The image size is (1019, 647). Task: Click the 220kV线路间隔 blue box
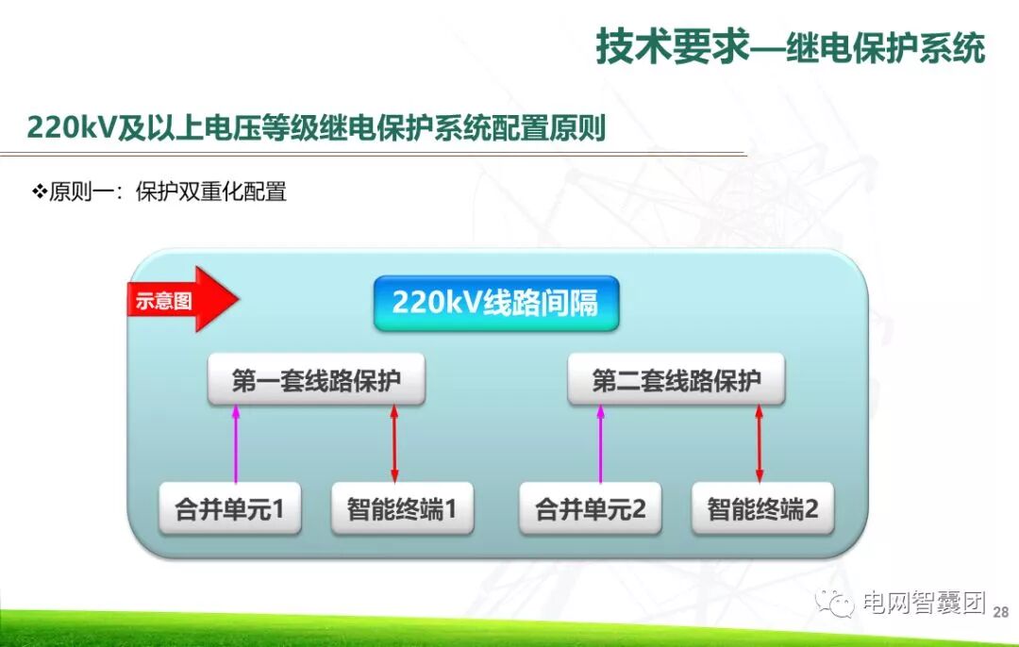point(495,303)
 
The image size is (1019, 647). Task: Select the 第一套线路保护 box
point(316,381)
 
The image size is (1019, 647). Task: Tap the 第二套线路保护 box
point(676,381)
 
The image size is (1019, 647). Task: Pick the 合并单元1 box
point(229,509)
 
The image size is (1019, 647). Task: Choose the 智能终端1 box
point(402,509)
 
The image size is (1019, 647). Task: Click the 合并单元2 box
point(590,509)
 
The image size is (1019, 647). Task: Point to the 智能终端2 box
point(762,509)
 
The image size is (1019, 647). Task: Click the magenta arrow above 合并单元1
point(236,444)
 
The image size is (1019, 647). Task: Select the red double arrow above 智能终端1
point(394,444)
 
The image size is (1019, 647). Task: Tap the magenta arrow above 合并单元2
point(599,444)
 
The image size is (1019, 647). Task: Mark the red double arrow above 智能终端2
point(759,444)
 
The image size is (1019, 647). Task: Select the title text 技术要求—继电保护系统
point(790,47)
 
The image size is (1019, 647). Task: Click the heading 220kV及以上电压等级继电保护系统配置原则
point(316,127)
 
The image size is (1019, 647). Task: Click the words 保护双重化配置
point(210,191)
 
